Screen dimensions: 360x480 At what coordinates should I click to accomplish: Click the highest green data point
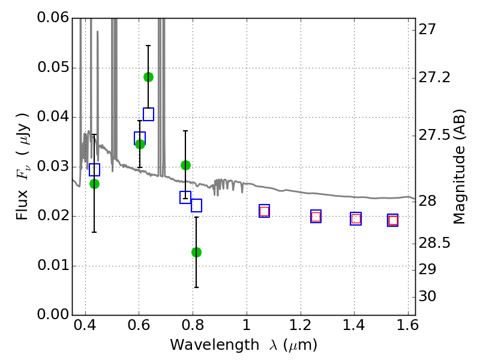point(148,77)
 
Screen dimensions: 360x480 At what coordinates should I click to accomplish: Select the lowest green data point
point(196,252)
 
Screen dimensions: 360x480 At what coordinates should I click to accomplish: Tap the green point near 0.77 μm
point(185,165)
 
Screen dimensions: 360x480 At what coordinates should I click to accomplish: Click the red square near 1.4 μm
point(356,219)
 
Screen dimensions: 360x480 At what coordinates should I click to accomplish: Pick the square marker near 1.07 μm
point(264,211)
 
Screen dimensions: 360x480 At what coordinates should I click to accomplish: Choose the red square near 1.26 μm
point(316,217)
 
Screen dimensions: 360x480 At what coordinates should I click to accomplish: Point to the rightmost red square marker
point(392,220)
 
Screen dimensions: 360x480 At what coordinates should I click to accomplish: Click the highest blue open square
point(148,114)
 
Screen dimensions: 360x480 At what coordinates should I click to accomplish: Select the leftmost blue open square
point(94,169)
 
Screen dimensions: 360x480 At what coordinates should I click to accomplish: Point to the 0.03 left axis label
point(53,167)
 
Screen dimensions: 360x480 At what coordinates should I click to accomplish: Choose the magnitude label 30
point(428,296)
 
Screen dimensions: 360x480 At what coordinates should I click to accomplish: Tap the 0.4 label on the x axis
point(85,328)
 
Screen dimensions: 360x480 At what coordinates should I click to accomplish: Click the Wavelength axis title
point(243,346)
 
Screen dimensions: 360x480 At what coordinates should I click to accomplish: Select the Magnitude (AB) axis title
point(460,166)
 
